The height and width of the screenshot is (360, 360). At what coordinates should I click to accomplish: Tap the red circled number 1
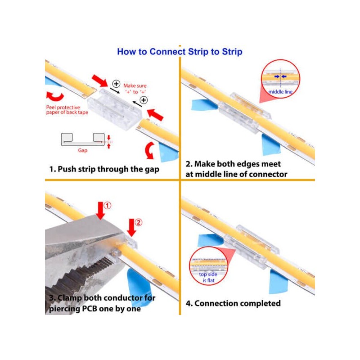pos(107,205)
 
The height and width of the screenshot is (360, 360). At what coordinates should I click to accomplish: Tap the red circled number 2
pos(139,222)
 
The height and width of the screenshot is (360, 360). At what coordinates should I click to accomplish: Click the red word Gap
pos(83,150)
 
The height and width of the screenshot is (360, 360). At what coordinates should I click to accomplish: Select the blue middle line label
pos(280,92)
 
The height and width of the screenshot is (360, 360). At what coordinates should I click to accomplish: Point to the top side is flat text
pos(208,277)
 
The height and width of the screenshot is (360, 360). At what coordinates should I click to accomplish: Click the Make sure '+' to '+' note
pos(135,89)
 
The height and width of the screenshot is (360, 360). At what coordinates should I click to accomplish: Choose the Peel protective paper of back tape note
pos(67,110)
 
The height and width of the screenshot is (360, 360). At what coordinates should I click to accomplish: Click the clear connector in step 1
pos(114,109)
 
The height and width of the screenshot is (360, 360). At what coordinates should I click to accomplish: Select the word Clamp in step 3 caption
pos(70,298)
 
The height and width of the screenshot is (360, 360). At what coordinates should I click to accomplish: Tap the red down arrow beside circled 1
pos(100,211)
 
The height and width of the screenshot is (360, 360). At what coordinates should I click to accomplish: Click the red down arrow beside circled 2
pos(131,228)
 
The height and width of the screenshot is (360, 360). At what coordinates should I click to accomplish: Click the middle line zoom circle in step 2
pos(280,79)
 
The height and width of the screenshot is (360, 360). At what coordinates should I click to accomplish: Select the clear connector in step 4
pos(252,246)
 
